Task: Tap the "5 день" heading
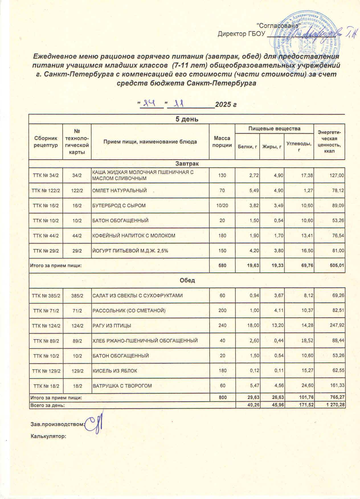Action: (x=187, y=119)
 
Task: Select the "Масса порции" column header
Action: (x=222, y=142)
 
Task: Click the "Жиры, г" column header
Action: (x=272, y=147)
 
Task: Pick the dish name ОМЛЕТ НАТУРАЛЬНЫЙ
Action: (x=120, y=191)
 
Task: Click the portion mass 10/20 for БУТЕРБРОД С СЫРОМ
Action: (x=222, y=205)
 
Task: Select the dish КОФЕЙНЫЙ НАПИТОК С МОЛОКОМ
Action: (x=134, y=236)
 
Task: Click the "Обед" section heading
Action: (x=187, y=280)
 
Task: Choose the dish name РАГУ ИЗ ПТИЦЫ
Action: (x=112, y=326)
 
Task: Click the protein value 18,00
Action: (x=253, y=326)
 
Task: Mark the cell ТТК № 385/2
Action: (x=46, y=296)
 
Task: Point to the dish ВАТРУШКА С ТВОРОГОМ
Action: (x=122, y=386)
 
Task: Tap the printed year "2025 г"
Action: (x=226, y=105)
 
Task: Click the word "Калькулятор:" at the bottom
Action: (x=48, y=436)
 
